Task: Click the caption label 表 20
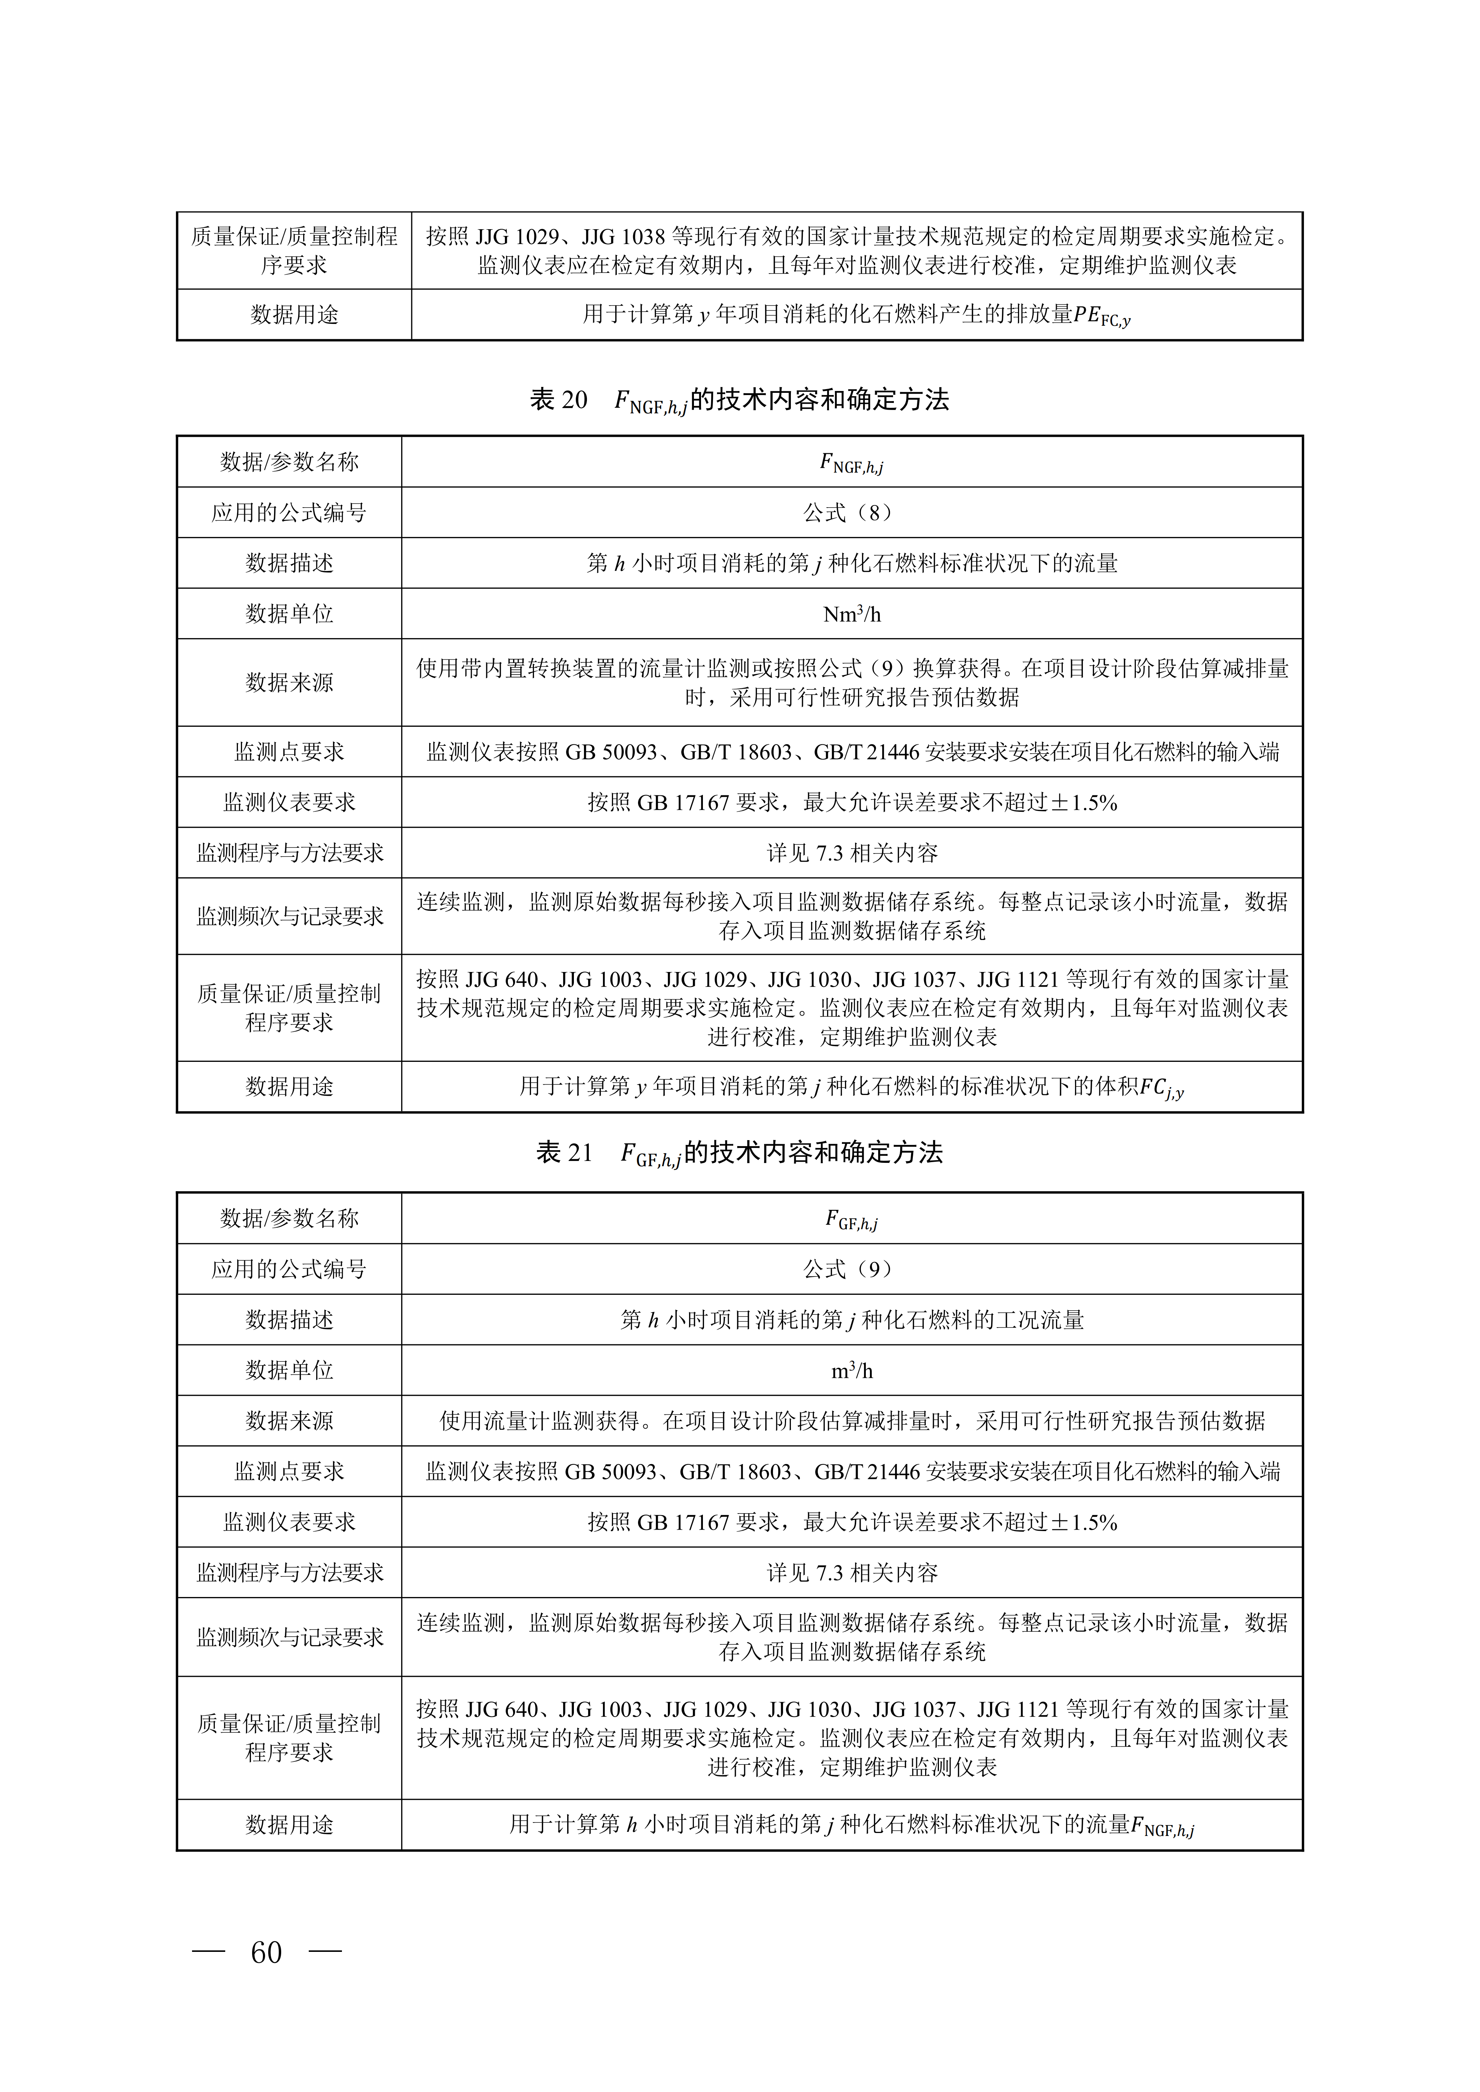click(x=559, y=400)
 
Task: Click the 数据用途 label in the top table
click(x=294, y=315)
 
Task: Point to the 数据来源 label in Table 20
click(x=289, y=682)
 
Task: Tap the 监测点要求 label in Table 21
click(x=289, y=1471)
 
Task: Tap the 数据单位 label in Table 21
click(x=289, y=1370)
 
